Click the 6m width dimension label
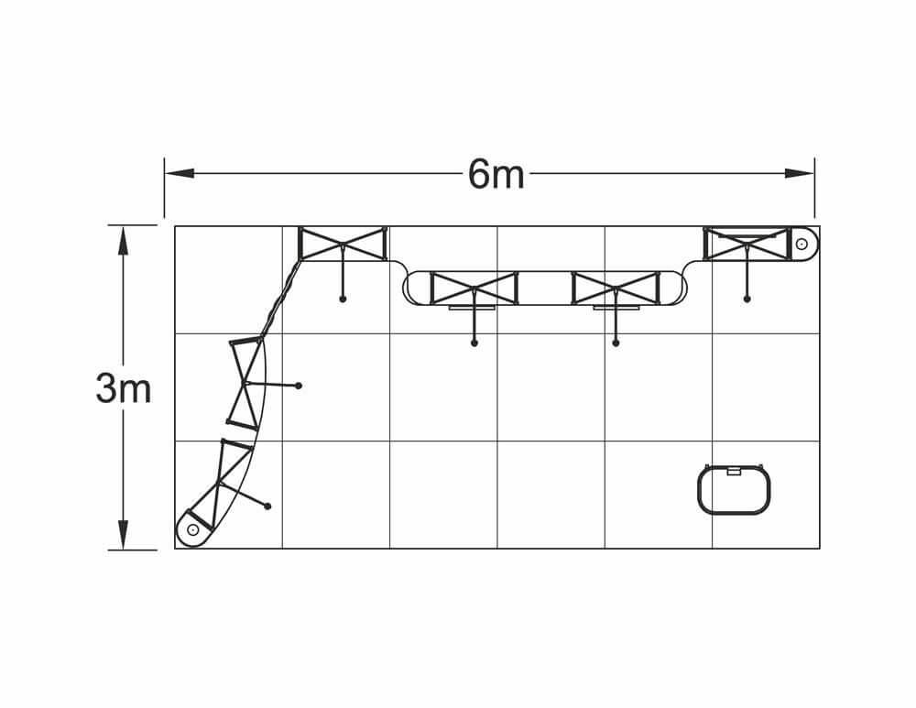coord(496,174)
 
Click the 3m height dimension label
coord(123,388)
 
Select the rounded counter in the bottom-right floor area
coord(734,490)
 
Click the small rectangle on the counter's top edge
coord(734,472)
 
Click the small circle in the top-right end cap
coord(801,244)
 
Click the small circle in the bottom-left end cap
coord(192,529)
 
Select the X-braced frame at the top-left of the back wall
coord(343,244)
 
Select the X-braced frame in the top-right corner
coord(747,244)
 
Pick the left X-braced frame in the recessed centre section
coord(474,288)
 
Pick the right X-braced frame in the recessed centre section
coord(616,288)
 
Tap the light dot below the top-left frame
coord(343,299)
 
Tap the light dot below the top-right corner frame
coord(747,299)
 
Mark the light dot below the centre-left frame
coord(474,343)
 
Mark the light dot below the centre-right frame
coord(616,343)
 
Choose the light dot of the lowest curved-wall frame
coord(267,506)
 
